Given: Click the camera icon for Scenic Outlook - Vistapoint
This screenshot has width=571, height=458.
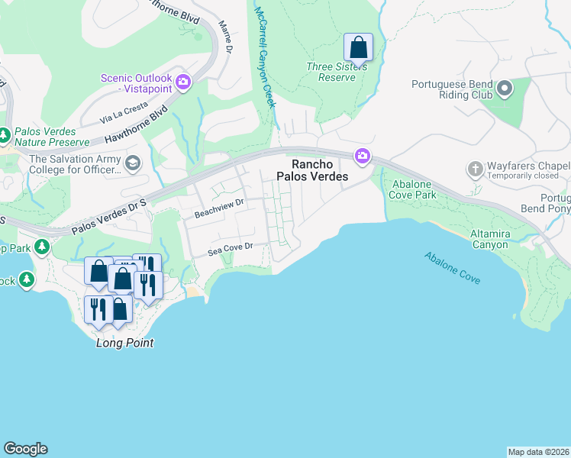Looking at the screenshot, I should click(x=183, y=82).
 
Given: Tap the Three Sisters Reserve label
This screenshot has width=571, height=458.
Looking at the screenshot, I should click(x=337, y=72).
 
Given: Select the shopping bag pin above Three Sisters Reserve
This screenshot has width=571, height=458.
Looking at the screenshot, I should click(x=358, y=48).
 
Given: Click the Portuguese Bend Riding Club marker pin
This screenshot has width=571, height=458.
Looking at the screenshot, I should click(x=504, y=90).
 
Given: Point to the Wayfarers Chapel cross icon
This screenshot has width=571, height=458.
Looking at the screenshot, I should click(x=475, y=169).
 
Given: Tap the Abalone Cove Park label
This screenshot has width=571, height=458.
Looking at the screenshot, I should click(x=414, y=189).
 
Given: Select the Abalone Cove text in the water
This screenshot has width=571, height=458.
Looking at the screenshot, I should click(x=453, y=268).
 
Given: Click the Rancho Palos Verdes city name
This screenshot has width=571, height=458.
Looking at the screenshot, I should click(x=318, y=170).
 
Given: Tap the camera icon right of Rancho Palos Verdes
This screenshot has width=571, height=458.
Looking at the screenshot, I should click(x=362, y=156).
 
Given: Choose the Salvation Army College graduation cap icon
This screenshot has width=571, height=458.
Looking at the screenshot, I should click(x=133, y=163).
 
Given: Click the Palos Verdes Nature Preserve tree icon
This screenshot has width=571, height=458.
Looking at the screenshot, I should click(x=5, y=135).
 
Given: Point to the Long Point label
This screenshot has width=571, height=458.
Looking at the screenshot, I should click(x=124, y=343).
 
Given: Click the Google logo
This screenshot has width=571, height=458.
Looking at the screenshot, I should click(x=25, y=449).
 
